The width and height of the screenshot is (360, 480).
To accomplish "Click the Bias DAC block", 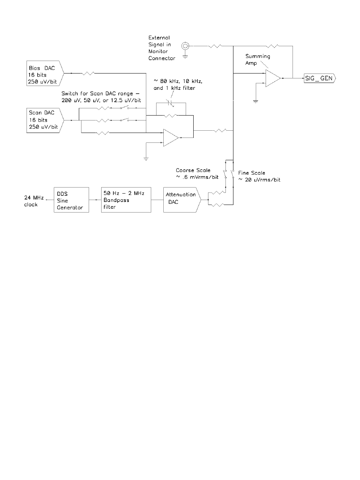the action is point(45,73).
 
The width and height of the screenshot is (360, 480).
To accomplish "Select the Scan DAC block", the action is point(45,120).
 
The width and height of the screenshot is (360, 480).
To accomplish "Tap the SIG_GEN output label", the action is point(320,78).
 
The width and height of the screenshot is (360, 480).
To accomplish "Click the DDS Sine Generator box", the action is point(71,200).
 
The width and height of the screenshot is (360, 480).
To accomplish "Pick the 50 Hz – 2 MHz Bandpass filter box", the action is point(126,200).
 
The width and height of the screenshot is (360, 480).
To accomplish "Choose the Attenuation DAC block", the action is point(182,200).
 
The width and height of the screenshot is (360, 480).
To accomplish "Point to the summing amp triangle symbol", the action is point(273,78).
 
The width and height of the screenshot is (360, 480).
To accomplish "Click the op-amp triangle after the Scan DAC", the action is point(171,138).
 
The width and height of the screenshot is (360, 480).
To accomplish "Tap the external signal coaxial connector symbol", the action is point(185,46).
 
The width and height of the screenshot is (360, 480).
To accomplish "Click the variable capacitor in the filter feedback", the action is point(171,103).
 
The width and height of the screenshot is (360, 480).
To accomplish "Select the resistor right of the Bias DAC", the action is point(88,73).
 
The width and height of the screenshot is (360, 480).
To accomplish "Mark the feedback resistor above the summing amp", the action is point(272,46).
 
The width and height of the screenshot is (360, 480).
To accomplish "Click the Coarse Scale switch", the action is point(225,174).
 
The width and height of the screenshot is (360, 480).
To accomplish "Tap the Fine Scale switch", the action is point(233,174).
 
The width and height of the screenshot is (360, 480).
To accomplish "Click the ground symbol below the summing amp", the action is point(255,101).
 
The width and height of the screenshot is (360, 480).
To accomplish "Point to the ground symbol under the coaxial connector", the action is point(185,57).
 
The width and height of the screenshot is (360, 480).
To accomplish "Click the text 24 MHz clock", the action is point(34,201).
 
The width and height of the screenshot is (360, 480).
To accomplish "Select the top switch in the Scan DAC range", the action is point(124,107).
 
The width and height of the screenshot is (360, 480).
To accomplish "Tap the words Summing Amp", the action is point(258,60).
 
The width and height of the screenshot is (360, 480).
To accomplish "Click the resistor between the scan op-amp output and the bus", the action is point(220,131).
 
